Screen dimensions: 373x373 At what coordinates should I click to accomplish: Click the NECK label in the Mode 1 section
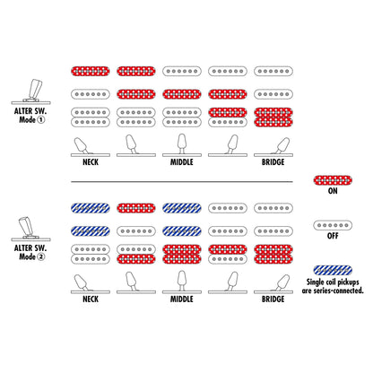tap(91, 162)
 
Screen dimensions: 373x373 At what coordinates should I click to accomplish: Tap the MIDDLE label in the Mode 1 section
tap(182, 162)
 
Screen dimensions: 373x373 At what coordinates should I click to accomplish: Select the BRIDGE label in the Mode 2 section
tap(273, 299)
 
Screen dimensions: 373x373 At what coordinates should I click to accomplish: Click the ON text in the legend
tap(333, 191)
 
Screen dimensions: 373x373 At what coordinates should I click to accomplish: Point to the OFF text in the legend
tap(333, 236)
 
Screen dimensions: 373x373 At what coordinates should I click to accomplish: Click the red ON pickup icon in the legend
tap(333, 180)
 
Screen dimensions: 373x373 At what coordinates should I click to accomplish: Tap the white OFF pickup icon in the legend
tap(333, 225)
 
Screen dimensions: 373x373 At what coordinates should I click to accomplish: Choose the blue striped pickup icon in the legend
tap(333, 271)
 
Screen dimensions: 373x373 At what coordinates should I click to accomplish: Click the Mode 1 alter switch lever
tap(35, 89)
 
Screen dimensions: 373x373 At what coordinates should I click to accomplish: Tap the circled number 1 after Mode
tap(41, 120)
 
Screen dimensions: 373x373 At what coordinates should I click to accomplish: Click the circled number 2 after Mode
tap(41, 256)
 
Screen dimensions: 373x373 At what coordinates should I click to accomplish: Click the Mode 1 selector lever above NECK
tap(82, 145)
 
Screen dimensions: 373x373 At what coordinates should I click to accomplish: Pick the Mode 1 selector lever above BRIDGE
tap(282, 145)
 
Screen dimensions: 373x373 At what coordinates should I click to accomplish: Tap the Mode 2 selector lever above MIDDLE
tap(182, 281)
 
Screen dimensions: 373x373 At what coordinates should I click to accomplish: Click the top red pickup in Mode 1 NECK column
tap(91, 71)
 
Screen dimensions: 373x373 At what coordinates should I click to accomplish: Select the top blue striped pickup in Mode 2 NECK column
tap(91, 208)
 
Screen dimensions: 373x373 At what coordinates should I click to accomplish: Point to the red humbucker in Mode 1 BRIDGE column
tap(273, 117)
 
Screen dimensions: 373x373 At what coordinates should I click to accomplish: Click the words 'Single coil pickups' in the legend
tap(333, 282)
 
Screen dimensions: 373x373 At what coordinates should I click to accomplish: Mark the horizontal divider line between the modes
tap(182, 181)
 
